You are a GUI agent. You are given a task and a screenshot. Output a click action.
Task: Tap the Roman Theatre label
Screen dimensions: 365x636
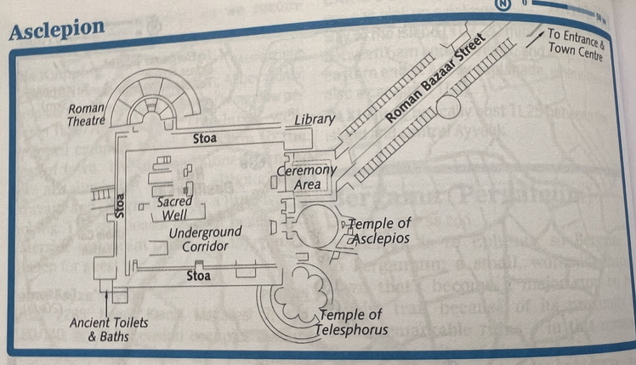pos(86,115)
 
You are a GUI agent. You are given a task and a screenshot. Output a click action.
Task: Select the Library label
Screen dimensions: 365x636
pos(315,120)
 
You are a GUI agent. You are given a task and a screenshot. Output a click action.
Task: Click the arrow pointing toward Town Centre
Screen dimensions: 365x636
pos(534,37)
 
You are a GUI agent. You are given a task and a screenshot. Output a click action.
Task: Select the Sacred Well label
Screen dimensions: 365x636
pos(174,208)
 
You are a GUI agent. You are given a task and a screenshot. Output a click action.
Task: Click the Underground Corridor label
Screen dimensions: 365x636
pos(205,239)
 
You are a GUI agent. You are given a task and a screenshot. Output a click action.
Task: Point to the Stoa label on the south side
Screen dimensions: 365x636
pos(199,275)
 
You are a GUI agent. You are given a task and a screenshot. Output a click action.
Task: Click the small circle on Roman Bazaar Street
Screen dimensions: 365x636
pos(447,106)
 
